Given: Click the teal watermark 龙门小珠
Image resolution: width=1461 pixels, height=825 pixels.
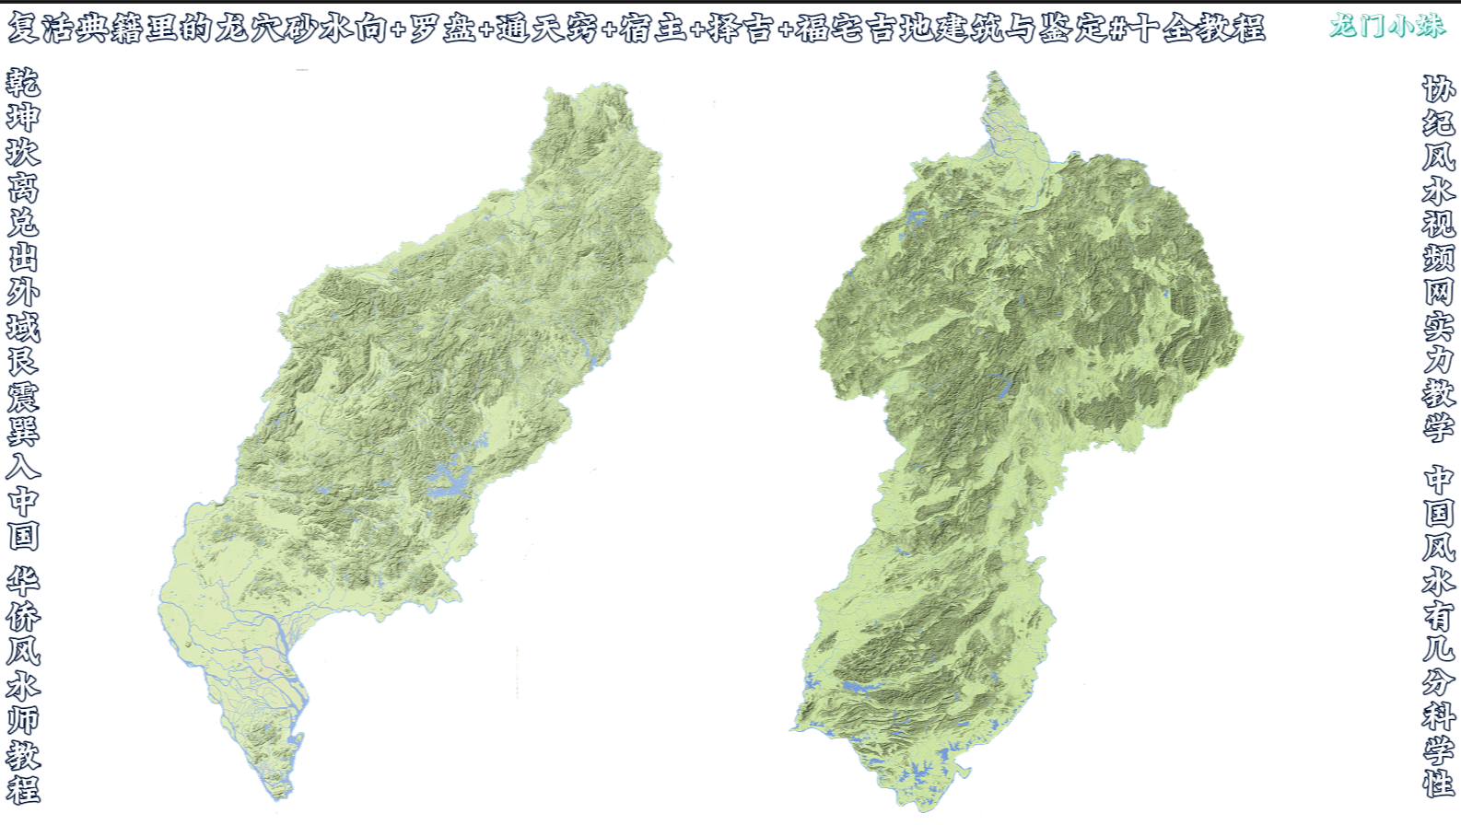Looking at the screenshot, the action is pos(1387,26).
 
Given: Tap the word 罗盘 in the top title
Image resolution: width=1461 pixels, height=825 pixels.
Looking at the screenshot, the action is pos(442,29).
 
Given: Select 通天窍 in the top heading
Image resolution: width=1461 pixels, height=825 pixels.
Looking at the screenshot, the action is pos(547,29).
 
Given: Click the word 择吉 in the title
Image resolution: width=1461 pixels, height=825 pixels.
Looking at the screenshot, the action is pos(740,29).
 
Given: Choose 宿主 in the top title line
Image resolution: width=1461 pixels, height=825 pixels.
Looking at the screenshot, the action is pos(653,29).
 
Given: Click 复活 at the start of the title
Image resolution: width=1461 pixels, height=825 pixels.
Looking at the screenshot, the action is pos(41,29).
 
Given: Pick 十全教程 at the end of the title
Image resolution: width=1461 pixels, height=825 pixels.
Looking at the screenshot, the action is pos(1198,29).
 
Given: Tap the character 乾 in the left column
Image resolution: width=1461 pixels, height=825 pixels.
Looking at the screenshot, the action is pos(23,83).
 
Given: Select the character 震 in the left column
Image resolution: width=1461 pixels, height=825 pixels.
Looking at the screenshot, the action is pos(23,397).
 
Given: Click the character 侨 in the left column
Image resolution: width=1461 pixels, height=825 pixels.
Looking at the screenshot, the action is pos(23,616).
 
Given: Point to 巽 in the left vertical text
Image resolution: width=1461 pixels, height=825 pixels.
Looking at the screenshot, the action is pos(23,432).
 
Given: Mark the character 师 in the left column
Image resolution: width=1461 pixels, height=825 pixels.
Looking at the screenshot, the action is pos(23,720).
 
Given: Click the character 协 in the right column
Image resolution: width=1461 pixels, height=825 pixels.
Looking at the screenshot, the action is pos(1438,89).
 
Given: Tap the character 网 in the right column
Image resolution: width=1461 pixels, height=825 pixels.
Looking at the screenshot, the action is pos(1438,292).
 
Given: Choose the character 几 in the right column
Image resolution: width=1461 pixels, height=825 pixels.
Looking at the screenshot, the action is pos(1438,647).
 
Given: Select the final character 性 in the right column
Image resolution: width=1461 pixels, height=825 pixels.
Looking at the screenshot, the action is pos(1438,784).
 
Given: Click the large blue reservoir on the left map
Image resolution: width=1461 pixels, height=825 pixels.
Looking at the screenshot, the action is pos(450,482).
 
